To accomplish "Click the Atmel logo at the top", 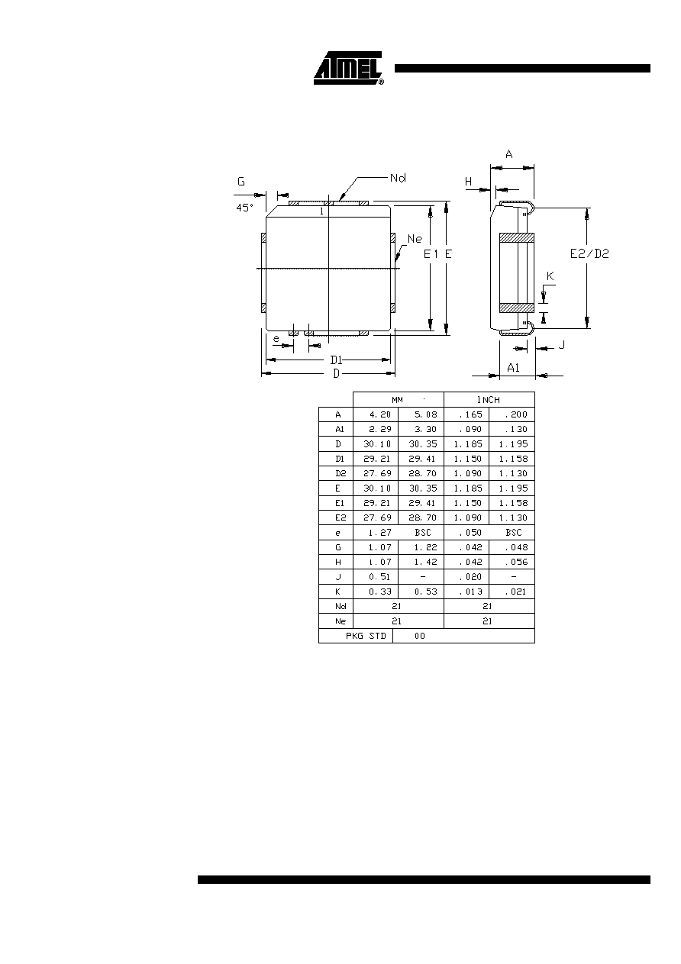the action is coord(349,68).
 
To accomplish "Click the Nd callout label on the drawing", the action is coord(398,178).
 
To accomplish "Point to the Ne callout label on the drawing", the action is coord(415,239).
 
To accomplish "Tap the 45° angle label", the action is coord(244,208).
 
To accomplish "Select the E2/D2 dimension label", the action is coord(589,254).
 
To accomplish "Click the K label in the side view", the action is coord(550,276).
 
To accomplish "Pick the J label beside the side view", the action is coord(561,345).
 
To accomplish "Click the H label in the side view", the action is coord(468,182).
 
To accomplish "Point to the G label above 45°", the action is coord(241,182).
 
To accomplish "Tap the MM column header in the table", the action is coord(397,400).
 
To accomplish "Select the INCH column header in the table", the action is coord(488,400).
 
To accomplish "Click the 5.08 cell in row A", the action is coord(426,414).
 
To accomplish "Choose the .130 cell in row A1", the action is coord(515,429).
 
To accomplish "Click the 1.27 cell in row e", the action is coord(380,532).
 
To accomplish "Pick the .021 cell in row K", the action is coord(515,592).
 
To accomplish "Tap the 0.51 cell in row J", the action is coord(379,577).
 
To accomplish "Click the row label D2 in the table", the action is coord(340,473).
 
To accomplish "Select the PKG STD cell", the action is coord(366,636).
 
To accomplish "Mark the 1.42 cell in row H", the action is coord(426,562).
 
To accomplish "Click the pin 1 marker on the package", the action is coord(321,211).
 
